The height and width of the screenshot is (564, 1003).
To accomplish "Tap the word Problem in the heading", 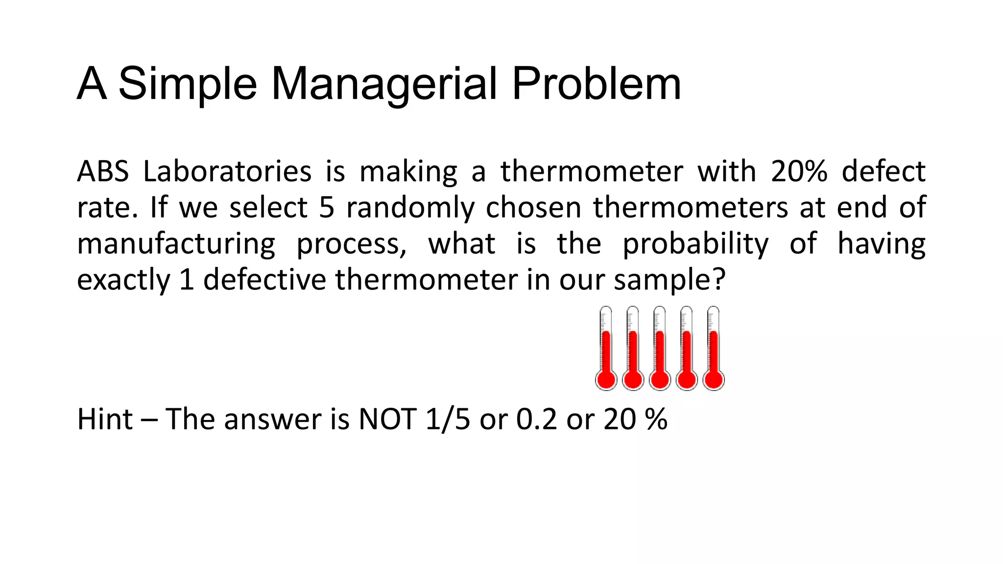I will point(596,84).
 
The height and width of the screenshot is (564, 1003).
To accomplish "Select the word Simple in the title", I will point(188,84).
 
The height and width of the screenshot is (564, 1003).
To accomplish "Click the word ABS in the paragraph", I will point(103,171).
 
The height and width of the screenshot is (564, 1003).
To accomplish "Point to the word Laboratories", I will point(227,171).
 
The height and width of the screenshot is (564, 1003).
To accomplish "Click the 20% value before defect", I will point(799,171).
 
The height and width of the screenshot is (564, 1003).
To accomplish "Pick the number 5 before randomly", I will point(327,207).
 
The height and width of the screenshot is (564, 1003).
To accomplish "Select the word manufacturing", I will point(176,244).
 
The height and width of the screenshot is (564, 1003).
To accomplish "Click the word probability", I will point(695,244).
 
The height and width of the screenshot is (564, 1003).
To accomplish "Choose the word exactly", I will point(123,280).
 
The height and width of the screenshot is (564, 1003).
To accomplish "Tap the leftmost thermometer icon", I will point(606,349).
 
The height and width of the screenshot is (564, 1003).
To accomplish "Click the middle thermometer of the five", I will point(660,349).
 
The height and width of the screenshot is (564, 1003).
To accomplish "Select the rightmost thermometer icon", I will point(714,349).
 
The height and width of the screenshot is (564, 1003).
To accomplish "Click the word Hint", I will point(105,419).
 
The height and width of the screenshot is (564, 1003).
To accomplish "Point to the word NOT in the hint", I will point(387,419).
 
